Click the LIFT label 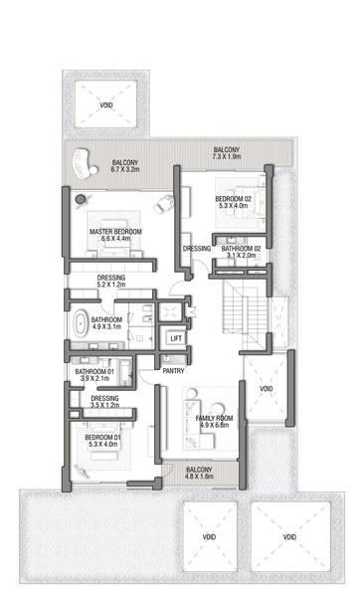coord(176,338)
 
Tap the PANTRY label coord(173,371)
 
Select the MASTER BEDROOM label coord(115,232)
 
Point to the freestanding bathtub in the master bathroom coord(80,323)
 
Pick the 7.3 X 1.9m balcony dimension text coord(227,156)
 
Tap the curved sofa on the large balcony coord(84,163)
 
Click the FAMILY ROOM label coord(214,418)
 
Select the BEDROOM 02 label coord(233,199)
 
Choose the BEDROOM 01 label coord(102,437)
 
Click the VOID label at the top coord(106,105)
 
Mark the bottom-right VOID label coord(289,536)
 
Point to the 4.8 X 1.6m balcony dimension coord(199,476)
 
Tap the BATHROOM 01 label coord(94,372)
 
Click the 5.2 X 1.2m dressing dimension coord(111,285)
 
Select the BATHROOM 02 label coord(241,249)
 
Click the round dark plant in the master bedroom coord(81,199)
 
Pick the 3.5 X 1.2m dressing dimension coord(104,405)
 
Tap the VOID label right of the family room coord(266,389)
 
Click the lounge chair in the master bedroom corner coord(164,204)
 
